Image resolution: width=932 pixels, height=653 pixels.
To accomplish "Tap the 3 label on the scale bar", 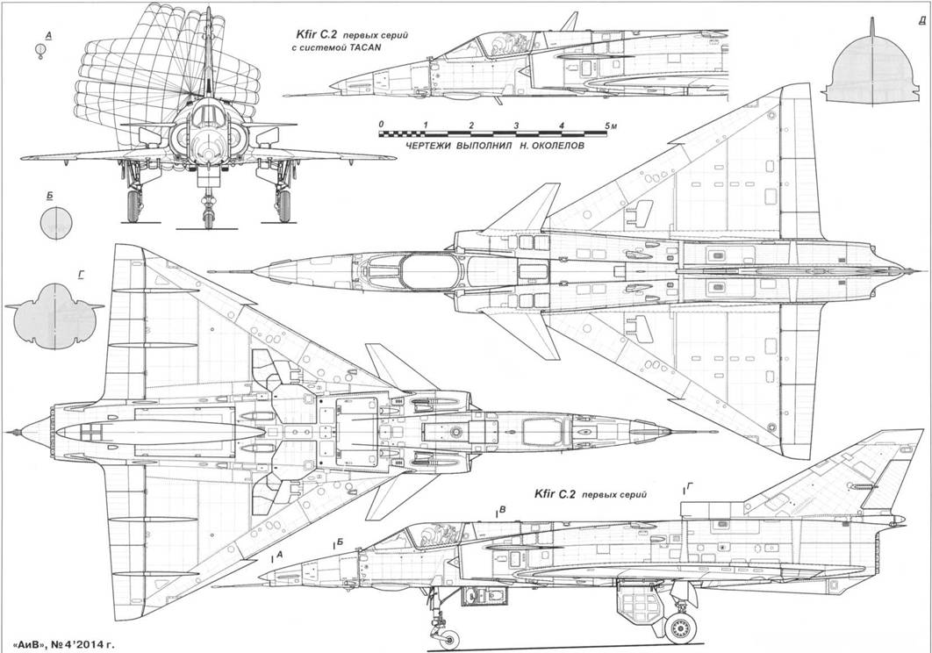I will tap(515, 126).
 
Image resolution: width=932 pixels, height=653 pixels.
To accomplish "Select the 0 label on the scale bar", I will tap(381, 126).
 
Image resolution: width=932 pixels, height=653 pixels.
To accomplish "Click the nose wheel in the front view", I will tap(208, 211).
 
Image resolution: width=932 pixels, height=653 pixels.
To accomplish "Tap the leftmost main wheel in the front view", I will tap(133, 205).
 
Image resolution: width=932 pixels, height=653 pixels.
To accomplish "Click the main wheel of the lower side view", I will tap(680, 626).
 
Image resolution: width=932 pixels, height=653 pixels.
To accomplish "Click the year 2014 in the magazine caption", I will tap(90, 643).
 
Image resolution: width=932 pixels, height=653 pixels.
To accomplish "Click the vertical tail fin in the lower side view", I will tap(834, 474).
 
